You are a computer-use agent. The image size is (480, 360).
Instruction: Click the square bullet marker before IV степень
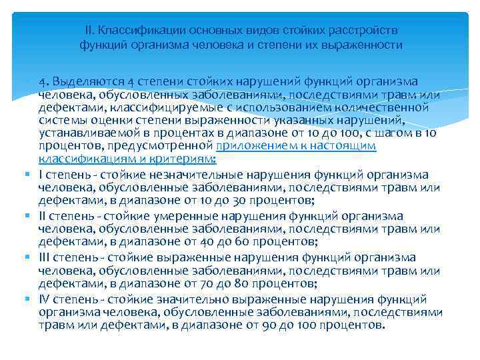tap(31, 299)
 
